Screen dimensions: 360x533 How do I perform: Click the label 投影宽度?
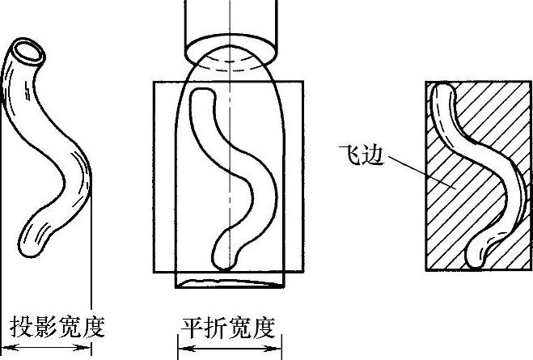(57, 327)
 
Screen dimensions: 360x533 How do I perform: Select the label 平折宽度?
(228, 328)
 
